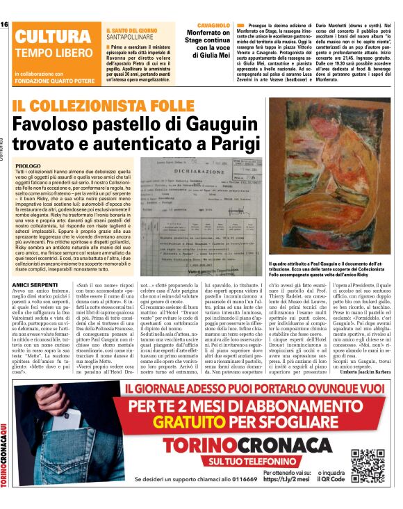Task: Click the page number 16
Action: point(5,24)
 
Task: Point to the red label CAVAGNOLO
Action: point(208,25)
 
